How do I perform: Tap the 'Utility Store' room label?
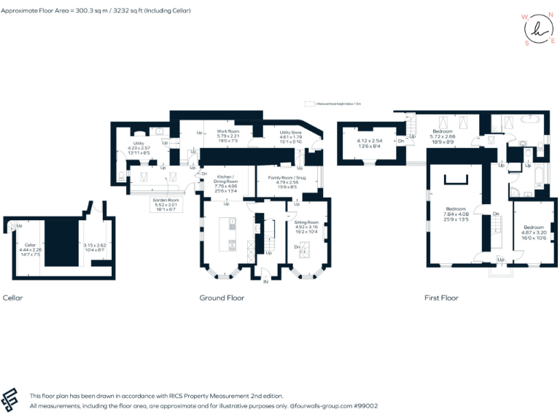click(x=291, y=133)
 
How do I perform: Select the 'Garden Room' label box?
click(x=165, y=200)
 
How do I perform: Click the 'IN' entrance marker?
click(x=265, y=281)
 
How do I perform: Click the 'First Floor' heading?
click(x=441, y=297)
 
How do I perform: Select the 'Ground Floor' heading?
click(x=222, y=297)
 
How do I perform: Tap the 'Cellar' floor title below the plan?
click(x=13, y=297)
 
